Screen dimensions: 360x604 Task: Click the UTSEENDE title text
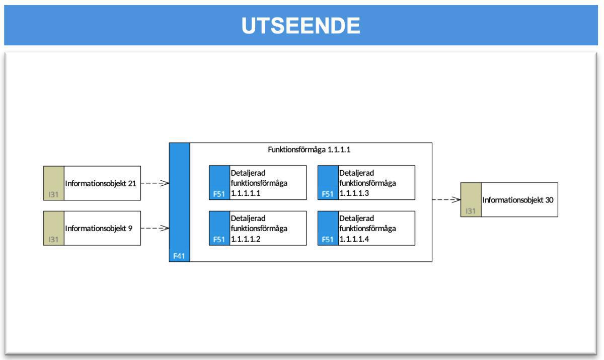pyautogui.click(x=301, y=26)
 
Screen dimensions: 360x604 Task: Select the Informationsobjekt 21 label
pyautogui.click(x=101, y=183)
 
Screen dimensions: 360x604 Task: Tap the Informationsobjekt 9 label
pyautogui.click(x=99, y=228)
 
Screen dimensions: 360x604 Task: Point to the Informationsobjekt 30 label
pyautogui.click(x=518, y=200)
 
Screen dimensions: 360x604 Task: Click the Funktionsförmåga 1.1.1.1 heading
pyautogui.click(x=311, y=150)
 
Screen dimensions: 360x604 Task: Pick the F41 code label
pyautogui.click(x=179, y=256)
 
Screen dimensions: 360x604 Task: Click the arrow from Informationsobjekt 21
pyautogui.click(x=155, y=183)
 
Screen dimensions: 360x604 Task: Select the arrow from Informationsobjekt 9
pyautogui.click(x=155, y=228)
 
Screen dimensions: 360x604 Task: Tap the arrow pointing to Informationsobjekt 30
pyautogui.click(x=446, y=200)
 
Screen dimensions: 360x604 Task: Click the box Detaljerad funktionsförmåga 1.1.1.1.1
pyautogui.click(x=267, y=183)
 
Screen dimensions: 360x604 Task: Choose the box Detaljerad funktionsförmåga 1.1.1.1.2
pyautogui.click(x=267, y=228)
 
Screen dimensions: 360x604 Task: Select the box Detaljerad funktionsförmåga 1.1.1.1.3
pyautogui.click(x=376, y=183)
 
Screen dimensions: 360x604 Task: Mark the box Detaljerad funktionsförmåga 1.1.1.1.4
pyautogui.click(x=376, y=228)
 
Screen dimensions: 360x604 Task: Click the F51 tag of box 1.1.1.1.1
pyautogui.click(x=219, y=194)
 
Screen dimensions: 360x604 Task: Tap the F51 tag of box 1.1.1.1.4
pyautogui.click(x=328, y=240)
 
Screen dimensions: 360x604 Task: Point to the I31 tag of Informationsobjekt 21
pyautogui.click(x=53, y=195)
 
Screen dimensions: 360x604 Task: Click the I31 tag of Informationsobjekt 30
pyautogui.click(x=471, y=211)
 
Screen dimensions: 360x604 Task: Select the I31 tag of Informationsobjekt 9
pyautogui.click(x=53, y=240)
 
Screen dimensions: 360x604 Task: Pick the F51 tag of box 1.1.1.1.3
pyautogui.click(x=328, y=194)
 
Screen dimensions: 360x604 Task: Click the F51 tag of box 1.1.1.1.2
pyautogui.click(x=219, y=240)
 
